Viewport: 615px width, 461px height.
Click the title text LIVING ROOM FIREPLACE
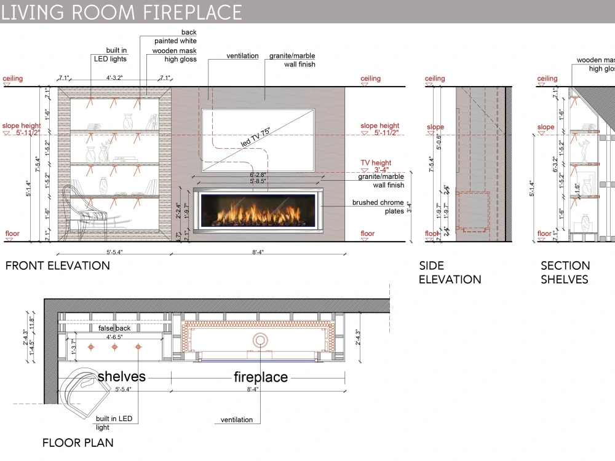121,11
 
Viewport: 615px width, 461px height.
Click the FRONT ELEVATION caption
58,266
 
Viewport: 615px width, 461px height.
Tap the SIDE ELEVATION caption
450,272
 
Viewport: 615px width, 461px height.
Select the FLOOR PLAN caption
77,443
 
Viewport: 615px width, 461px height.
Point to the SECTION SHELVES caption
565,272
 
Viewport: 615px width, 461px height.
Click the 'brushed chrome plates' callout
378,207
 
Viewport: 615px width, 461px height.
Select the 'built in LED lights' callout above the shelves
110,55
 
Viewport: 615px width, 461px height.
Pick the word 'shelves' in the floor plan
121,376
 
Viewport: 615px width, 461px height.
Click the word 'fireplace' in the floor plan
260,377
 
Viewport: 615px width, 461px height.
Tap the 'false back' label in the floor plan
114,328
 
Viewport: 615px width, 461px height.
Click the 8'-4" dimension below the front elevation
258,251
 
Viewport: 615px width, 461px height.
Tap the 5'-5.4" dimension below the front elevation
114,251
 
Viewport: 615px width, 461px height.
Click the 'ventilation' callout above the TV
242,56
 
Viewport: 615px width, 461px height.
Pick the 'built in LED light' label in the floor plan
113,423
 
